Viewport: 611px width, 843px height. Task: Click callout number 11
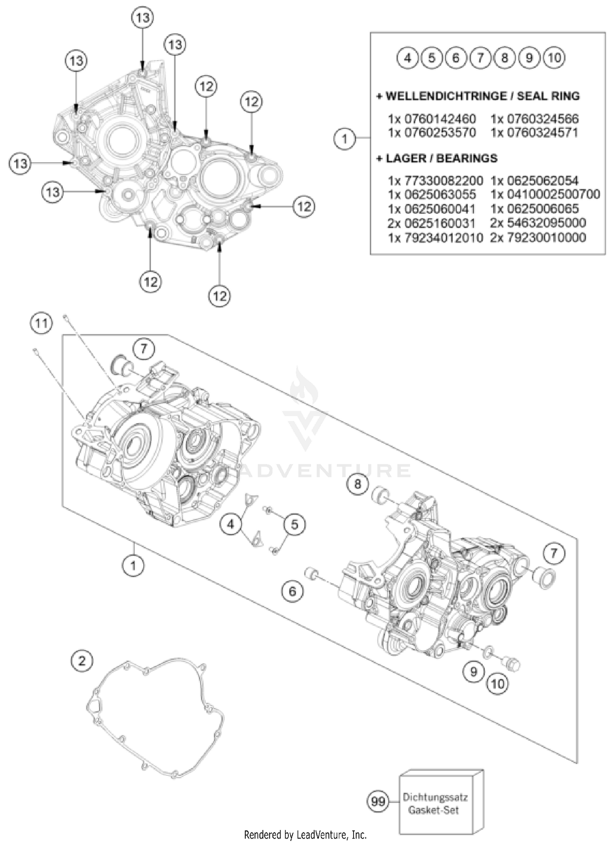point(41,324)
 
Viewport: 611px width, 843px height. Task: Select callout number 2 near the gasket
point(82,660)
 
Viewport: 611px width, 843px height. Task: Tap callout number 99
point(378,801)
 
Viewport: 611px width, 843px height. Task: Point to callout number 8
point(358,484)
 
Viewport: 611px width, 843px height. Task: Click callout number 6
point(292,591)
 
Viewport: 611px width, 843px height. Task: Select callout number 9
point(473,671)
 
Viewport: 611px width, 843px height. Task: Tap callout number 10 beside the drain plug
point(498,684)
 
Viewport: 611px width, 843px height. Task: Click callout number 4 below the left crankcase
point(231,524)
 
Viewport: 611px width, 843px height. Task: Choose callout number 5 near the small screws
point(295,524)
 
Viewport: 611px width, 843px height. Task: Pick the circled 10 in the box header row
point(554,58)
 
